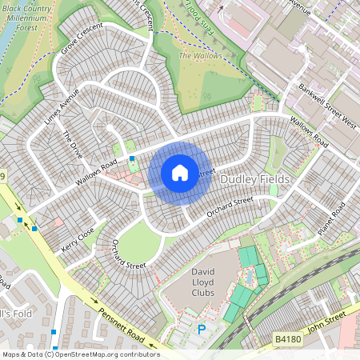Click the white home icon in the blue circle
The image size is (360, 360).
point(179,173)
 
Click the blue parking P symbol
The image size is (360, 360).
point(202,329)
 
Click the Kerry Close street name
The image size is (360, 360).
point(78,239)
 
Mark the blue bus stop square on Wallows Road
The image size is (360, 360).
point(131,159)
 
